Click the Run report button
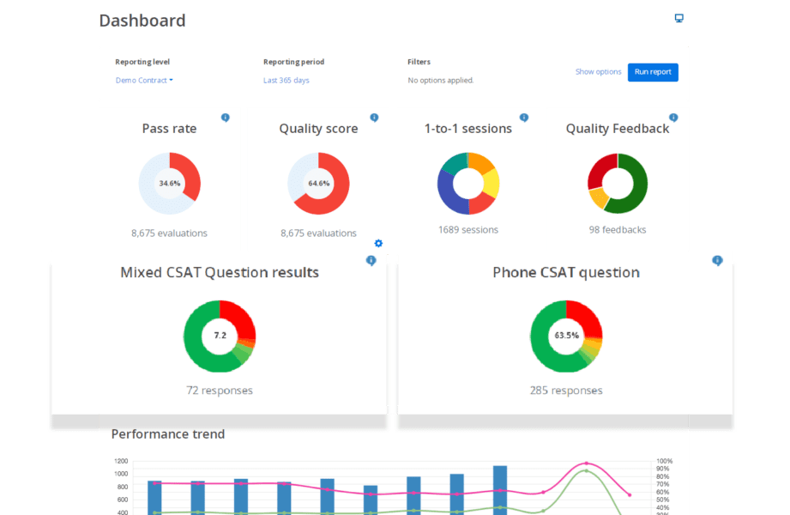(653, 72)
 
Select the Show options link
(598, 72)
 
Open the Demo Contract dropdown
(144, 81)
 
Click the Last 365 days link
(286, 81)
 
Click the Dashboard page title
(142, 21)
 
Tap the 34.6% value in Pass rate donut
(170, 184)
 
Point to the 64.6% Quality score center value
(318, 184)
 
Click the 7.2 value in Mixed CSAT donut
(220, 336)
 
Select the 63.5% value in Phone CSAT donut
(566, 336)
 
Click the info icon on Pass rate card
(226, 118)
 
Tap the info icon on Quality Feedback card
(673, 118)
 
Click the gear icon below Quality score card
(378, 244)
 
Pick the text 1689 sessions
(467, 230)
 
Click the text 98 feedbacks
(618, 230)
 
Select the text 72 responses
(220, 391)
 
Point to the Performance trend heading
(168, 434)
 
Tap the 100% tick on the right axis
(665, 461)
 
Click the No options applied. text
(441, 81)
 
